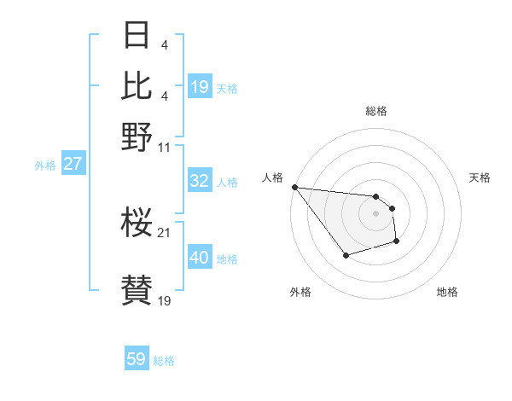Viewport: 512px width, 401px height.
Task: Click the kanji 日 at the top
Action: pyautogui.click(x=137, y=36)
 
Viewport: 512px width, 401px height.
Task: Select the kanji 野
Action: pyautogui.click(x=137, y=137)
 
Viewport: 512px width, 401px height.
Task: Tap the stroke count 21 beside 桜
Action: pyautogui.click(x=165, y=232)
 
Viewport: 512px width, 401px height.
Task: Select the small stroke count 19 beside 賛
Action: pyautogui.click(x=165, y=300)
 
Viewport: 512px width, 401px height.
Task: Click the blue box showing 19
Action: pyautogui.click(x=200, y=86)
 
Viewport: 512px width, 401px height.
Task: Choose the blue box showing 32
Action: pyautogui.click(x=200, y=181)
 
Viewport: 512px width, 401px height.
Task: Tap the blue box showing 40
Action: pyautogui.click(x=200, y=258)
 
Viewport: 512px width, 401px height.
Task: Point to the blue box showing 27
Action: pyautogui.click(x=73, y=164)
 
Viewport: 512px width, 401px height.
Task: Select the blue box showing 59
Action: pyautogui.click(x=137, y=359)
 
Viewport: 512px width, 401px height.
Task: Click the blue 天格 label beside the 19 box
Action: pyautogui.click(x=227, y=88)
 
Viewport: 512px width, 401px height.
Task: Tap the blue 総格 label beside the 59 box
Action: pyautogui.click(x=164, y=361)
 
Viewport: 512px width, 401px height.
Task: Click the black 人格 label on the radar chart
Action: pyautogui.click(x=273, y=177)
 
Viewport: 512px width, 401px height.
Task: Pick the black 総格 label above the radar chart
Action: pyautogui.click(x=375, y=111)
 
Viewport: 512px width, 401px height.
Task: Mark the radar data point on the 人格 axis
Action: pyautogui.click(x=294, y=188)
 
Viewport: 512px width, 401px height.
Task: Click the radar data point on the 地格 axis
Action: pyautogui.click(x=397, y=242)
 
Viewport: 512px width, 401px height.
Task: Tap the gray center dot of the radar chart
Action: pyautogui.click(x=375, y=213)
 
